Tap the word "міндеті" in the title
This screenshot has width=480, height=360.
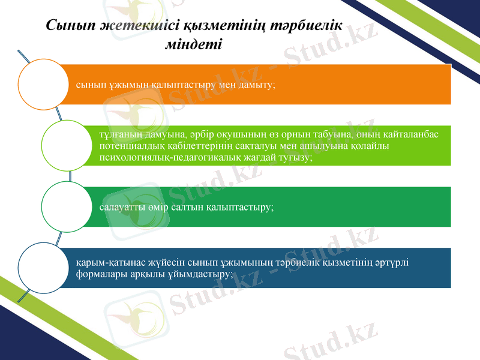193,44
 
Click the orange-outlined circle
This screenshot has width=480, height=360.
43,84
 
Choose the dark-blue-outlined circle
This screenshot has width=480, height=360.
43,268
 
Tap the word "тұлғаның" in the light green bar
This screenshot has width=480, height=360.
118,134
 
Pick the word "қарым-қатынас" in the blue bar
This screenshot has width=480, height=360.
104,262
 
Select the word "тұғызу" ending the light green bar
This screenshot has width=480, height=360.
296,157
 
